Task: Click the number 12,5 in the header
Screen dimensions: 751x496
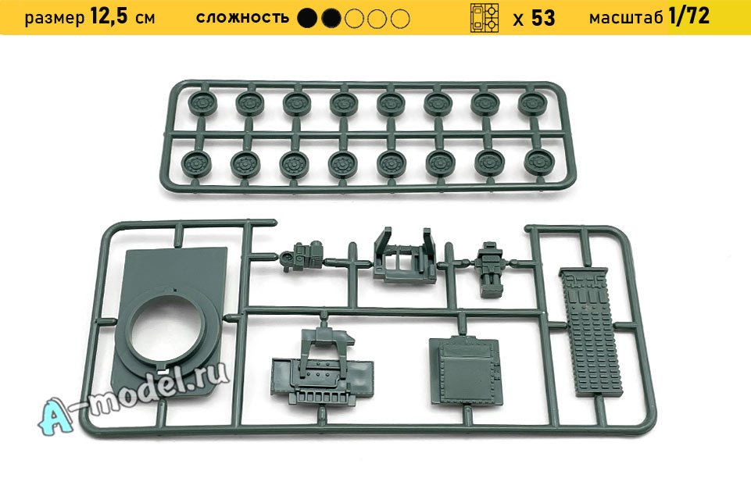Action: coord(109,16)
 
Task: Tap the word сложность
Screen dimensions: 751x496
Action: coord(242,18)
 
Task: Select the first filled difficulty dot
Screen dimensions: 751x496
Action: coord(307,19)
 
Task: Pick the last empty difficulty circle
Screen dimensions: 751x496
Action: coord(400,19)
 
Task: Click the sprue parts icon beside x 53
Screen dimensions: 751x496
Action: coord(485,18)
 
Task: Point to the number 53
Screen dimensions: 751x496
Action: coord(543,18)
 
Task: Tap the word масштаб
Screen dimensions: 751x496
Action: coord(626,18)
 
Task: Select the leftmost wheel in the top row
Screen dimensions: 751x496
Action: coord(202,103)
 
